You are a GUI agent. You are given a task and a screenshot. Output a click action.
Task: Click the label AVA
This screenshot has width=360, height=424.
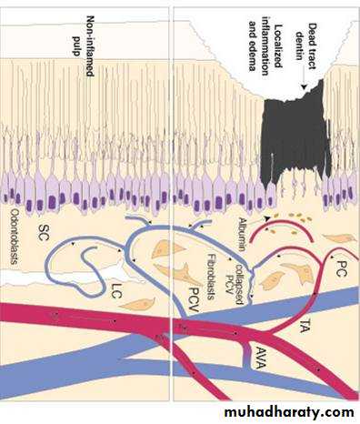(x=259, y=358)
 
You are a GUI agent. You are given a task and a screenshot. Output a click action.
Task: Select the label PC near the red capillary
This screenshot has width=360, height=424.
(x=341, y=268)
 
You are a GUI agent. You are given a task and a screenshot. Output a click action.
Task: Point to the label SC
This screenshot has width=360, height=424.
(x=43, y=233)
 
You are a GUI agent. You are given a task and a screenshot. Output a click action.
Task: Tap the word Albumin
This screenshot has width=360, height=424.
(x=242, y=235)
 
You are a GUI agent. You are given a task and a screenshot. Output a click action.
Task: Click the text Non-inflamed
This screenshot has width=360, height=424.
(x=90, y=45)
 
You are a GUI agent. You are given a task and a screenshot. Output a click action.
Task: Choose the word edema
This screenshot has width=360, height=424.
(x=252, y=56)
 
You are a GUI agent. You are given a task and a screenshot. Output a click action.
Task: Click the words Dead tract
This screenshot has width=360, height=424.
(x=311, y=46)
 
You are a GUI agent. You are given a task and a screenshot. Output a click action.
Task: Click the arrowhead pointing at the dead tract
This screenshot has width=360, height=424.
(x=305, y=87)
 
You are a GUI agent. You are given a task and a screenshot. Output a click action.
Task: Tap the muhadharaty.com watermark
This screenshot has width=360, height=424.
(x=289, y=412)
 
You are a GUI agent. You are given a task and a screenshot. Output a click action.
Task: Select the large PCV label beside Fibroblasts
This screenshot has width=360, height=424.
(x=193, y=299)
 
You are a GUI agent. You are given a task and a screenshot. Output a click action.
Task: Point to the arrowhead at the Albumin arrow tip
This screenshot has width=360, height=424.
(x=266, y=218)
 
